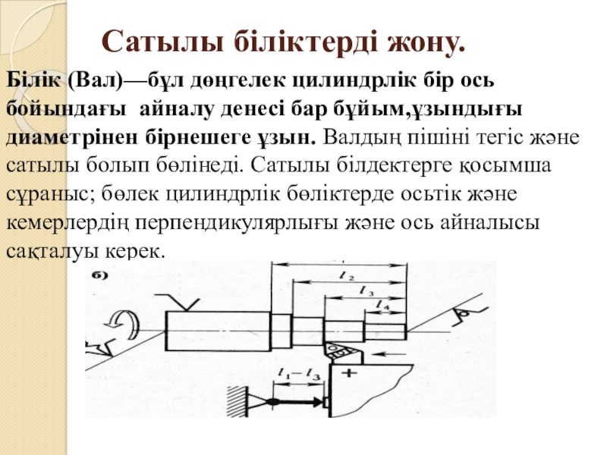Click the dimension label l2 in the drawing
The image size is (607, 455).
point(349,277)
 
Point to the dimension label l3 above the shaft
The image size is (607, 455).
point(366,290)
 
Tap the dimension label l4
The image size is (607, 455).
point(385,304)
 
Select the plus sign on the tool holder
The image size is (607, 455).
point(350,373)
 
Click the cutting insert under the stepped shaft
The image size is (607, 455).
point(335,351)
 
